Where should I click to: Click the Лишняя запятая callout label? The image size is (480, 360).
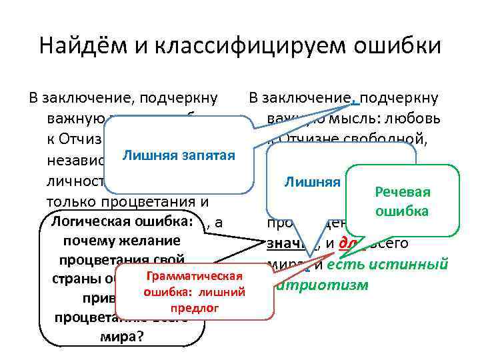[178, 156]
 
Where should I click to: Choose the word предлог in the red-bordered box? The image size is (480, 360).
[194, 309]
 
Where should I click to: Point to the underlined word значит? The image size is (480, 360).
[279, 244]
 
